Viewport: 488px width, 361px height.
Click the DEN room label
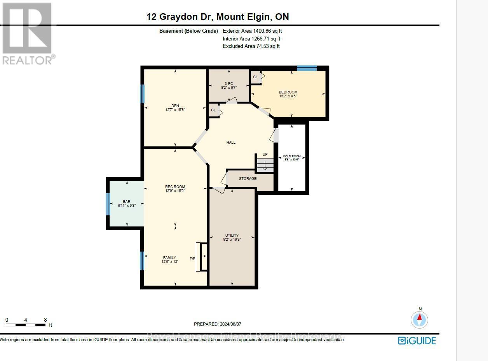tap(175, 106)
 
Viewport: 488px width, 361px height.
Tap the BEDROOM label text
tap(288, 92)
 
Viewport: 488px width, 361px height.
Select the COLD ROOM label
tap(291, 157)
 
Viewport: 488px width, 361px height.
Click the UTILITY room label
tap(232, 236)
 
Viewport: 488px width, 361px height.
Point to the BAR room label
tap(127, 202)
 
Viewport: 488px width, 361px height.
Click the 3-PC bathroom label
tap(228, 83)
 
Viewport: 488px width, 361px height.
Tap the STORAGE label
tap(247, 178)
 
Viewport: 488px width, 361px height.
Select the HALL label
tap(231, 143)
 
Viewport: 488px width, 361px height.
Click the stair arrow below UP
tap(265, 165)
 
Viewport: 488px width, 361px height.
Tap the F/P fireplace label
tap(192, 259)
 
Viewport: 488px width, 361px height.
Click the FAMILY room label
tap(169, 258)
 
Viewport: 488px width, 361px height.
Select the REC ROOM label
tap(175, 187)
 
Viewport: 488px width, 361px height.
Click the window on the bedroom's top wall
tap(307, 68)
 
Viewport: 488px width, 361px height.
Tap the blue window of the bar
tap(108, 204)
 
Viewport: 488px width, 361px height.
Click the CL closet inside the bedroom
tap(255, 77)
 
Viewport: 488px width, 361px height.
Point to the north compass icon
tap(419, 319)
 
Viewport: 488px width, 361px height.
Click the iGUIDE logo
tap(417, 341)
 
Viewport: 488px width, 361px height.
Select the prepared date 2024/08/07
tap(218, 324)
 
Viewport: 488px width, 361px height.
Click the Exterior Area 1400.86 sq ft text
tap(254, 31)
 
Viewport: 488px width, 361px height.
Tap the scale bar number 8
tap(45, 319)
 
